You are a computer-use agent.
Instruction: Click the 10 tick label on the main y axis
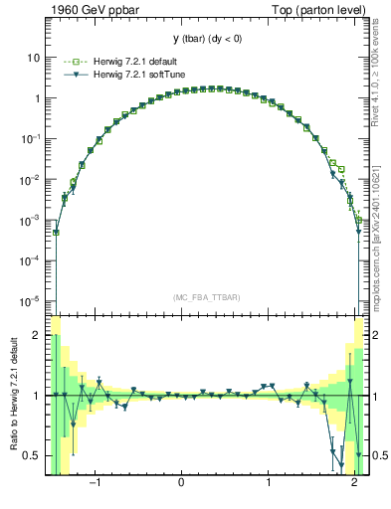coord(34,58)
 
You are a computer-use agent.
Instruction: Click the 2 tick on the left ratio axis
coord(37,336)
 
